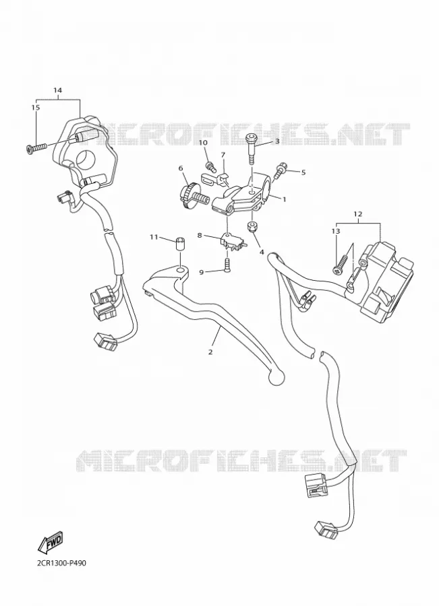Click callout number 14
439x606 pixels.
57,90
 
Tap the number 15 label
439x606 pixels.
35,108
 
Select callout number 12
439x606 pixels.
357,213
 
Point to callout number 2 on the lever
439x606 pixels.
210,352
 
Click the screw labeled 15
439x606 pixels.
36,147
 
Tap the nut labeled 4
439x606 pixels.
253,227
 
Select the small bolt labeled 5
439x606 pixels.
279,170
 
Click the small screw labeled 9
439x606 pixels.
228,265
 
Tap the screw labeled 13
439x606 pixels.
341,266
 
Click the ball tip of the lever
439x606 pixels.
276,378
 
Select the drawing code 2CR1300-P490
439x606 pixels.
59,563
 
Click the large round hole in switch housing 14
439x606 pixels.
86,158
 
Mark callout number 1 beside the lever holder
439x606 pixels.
284,199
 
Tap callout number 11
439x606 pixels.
154,237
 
